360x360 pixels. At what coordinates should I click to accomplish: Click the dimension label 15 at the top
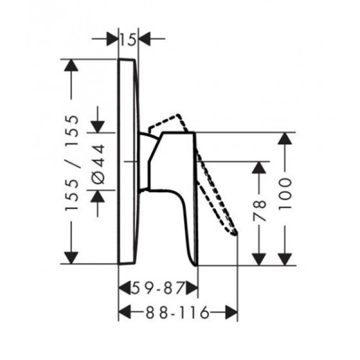pyautogui.click(x=129, y=39)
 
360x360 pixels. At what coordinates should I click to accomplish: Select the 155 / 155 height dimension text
pyautogui.click(x=72, y=163)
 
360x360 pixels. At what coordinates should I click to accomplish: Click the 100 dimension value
pyautogui.click(x=285, y=193)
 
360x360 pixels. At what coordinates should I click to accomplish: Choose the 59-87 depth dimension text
pyautogui.click(x=157, y=288)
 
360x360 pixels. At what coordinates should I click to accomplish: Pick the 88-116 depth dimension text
pyautogui.click(x=177, y=312)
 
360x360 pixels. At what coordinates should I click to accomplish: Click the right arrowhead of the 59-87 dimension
pyautogui.click(x=192, y=288)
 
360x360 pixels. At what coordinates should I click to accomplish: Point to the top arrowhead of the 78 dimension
pyautogui.click(x=261, y=168)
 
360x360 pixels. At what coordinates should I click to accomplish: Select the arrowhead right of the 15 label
pyautogui.click(x=145, y=39)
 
